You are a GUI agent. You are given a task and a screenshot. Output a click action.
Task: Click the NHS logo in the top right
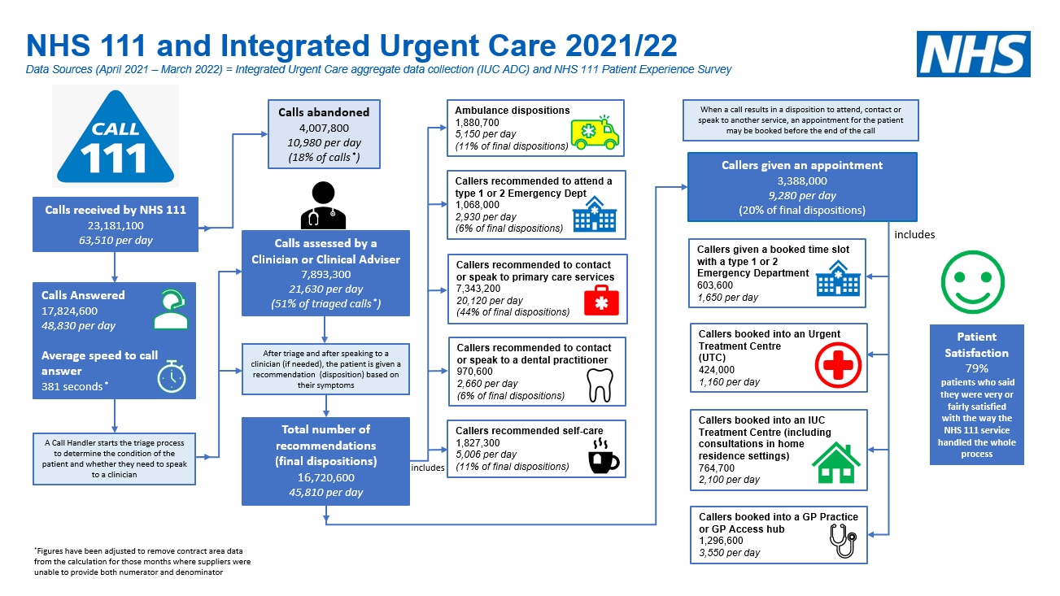(x=973, y=54)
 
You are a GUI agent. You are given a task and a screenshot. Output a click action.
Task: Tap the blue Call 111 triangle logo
(x=116, y=137)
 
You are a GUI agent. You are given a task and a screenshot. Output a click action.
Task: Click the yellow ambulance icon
(x=595, y=133)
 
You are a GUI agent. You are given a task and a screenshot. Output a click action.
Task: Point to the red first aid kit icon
(x=601, y=301)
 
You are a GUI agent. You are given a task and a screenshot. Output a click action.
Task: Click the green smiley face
(x=972, y=282)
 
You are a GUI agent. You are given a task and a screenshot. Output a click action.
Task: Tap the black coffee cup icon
(x=603, y=455)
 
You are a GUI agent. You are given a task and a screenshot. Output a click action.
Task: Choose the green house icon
(x=836, y=463)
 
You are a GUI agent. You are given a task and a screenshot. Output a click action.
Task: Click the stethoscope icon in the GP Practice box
(x=844, y=541)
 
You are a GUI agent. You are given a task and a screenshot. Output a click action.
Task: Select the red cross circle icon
(x=838, y=365)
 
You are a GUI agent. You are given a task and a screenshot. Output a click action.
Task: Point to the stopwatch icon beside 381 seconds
(x=172, y=376)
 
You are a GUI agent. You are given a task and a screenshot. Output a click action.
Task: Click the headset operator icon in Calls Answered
(x=171, y=309)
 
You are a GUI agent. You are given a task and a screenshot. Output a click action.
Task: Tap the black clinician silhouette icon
(x=323, y=205)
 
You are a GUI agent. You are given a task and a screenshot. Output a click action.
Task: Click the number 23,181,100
(x=116, y=225)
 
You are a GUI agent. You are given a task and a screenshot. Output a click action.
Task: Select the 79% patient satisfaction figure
(x=977, y=368)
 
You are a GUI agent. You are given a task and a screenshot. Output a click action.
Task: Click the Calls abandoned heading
(x=324, y=112)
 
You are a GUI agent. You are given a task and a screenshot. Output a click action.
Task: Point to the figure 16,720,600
(x=325, y=477)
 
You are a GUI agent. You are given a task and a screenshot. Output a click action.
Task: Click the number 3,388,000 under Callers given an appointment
(x=802, y=181)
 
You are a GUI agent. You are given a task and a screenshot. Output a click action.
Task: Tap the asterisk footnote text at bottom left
(x=142, y=562)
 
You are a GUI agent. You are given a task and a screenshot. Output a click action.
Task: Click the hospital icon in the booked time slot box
(x=838, y=279)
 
